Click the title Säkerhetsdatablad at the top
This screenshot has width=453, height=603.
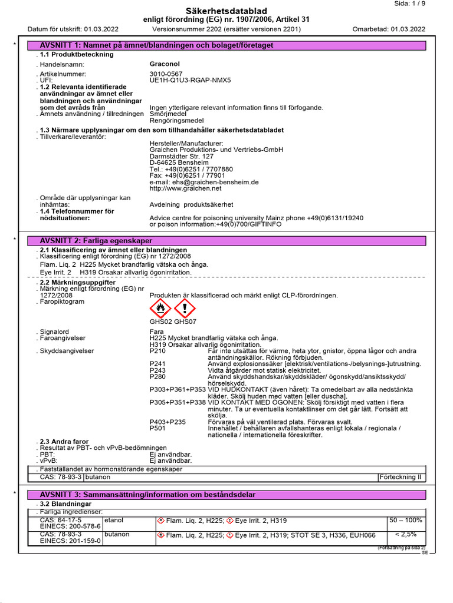(x=226, y=11)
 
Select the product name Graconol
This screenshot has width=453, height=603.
(x=165, y=64)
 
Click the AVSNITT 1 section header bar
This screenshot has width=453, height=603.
(x=226, y=45)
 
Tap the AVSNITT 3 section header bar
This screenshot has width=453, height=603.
(x=226, y=495)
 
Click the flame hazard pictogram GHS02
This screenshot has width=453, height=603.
(x=161, y=308)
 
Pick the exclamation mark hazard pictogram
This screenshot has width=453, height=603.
(x=185, y=308)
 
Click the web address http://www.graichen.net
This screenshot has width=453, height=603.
(x=186, y=188)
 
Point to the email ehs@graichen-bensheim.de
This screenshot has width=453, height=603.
(x=204, y=182)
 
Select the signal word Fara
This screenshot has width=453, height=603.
(x=157, y=332)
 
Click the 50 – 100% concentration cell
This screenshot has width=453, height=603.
(x=406, y=521)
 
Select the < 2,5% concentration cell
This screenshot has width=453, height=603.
(x=406, y=534)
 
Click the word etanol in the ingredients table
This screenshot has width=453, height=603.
(x=113, y=521)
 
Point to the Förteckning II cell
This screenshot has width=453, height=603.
(x=402, y=477)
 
